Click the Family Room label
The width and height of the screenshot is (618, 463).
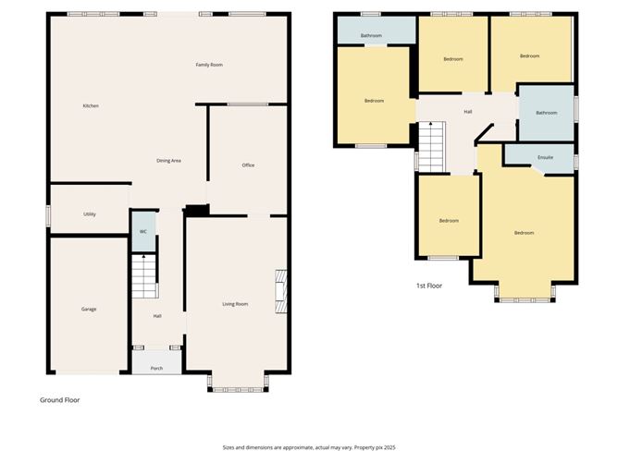click(209, 65)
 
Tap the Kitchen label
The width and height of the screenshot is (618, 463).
click(91, 106)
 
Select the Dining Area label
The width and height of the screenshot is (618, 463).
click(168, 161)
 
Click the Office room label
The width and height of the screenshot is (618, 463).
click(248, 165)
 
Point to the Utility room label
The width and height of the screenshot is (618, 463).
click(90, 214)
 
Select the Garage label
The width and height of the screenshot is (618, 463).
click(89, 309)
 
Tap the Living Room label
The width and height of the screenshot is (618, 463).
click(235, 304)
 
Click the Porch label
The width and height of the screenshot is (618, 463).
click(157, 368)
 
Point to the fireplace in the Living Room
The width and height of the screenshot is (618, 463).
click(281, 294)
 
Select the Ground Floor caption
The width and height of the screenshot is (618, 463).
click(59, 400)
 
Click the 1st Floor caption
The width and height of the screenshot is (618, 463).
click(428, 286)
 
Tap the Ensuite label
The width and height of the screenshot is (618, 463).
click(545, 157)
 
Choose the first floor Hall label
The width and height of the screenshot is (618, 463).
click(468, 113)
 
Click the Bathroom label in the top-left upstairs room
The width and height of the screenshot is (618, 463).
click(371, 35)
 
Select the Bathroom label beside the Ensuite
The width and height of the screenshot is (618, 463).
click(546, 113)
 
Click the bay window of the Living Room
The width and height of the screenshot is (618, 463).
click(239, 382)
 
